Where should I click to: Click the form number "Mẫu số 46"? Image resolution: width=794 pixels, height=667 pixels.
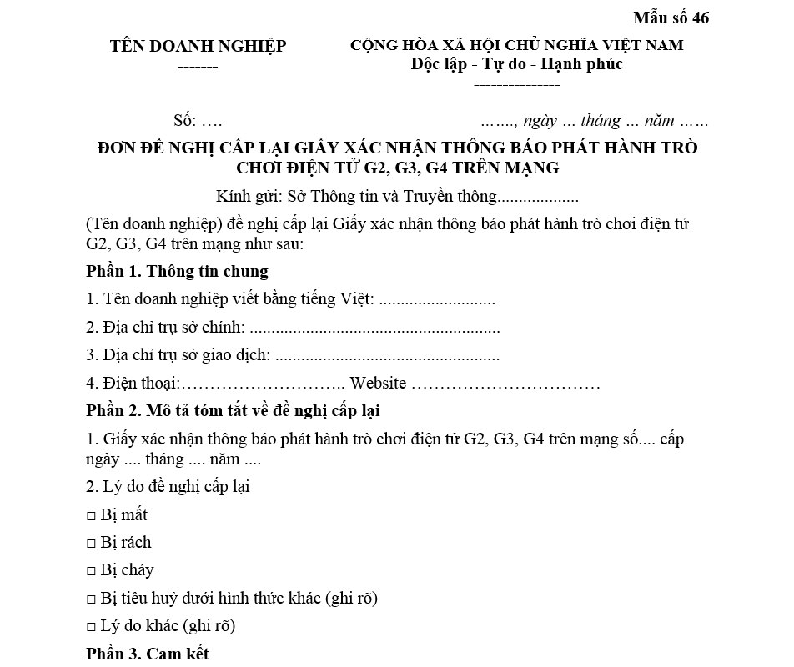[x=671, y=18]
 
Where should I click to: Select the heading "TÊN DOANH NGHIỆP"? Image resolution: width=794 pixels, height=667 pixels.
[x=198, y=46]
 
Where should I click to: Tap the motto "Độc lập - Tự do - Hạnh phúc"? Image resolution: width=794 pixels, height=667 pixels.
[x=516, y=63]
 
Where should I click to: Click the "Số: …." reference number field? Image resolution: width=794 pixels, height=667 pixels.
[x=198, y=120]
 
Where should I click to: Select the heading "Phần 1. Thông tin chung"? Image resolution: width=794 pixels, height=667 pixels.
[x=177, y=271]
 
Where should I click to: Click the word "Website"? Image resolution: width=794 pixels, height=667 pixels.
[x=378, y=384]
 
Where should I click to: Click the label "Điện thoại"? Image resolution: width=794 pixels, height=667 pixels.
[x=133, y=384]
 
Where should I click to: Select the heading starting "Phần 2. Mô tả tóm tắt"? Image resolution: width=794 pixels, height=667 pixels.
[x=234, y=411]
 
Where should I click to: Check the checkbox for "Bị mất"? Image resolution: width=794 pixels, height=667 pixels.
[x=91, y=516]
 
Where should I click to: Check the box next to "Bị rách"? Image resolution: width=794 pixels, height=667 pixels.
[x=91, y=544]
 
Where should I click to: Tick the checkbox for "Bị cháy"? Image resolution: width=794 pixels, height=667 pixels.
[x=91, y=572]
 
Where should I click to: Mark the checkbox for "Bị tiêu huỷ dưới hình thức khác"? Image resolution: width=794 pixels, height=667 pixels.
[x=91, y=599]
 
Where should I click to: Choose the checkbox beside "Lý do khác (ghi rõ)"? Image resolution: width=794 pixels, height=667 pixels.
[x=91, y=627]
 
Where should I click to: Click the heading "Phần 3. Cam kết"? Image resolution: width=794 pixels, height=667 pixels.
[x=147, y=654]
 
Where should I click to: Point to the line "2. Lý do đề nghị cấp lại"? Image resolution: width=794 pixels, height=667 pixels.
[x=168, y=486]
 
